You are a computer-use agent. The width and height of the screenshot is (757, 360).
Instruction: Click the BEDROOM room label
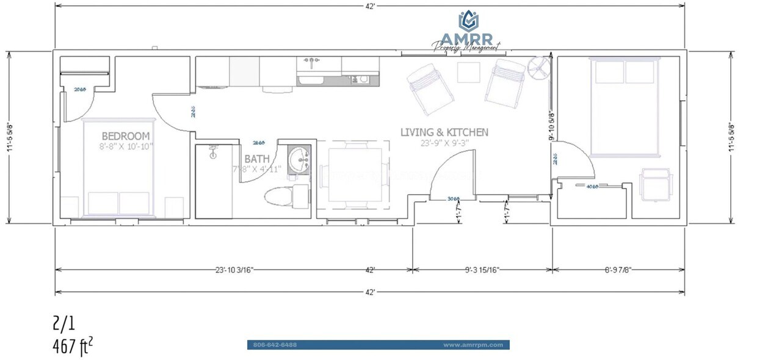126,135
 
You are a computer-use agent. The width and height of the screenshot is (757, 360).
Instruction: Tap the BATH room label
257,159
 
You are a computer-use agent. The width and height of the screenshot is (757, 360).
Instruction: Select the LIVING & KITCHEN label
444,132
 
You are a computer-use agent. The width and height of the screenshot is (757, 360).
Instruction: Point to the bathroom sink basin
299,159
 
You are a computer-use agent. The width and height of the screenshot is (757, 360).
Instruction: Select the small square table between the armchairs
469,73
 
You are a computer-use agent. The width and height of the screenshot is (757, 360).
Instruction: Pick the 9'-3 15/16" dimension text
482,269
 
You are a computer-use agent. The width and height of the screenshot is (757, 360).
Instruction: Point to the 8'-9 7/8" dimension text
618,269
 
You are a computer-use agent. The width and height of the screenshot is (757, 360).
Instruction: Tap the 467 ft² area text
73,347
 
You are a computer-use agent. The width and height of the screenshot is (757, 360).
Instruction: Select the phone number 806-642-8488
275,345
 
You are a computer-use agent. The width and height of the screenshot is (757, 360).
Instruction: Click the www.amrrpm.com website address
473,345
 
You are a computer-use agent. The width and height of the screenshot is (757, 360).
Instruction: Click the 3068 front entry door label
453,199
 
